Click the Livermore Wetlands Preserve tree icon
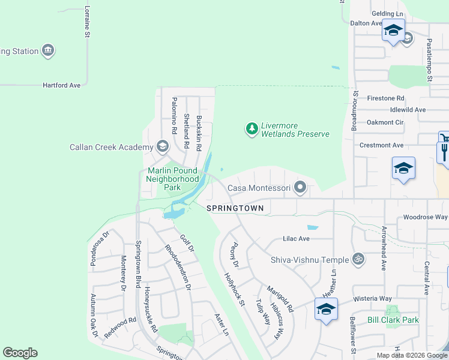click(252, 128)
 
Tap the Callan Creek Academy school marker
click(162, 146)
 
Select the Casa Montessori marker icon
click(300, 188)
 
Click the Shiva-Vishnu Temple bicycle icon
click(358, 259)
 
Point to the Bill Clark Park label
click(393, 320)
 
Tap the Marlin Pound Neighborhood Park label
click(173, 179)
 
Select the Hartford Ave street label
click(61, 86)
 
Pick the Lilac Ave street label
click(296, 239)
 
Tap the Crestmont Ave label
click(381, 145)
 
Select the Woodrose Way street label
click(425, 217)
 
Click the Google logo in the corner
click(20, 353)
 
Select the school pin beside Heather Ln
click(326, 310)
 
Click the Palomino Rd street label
click(174, 116)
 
